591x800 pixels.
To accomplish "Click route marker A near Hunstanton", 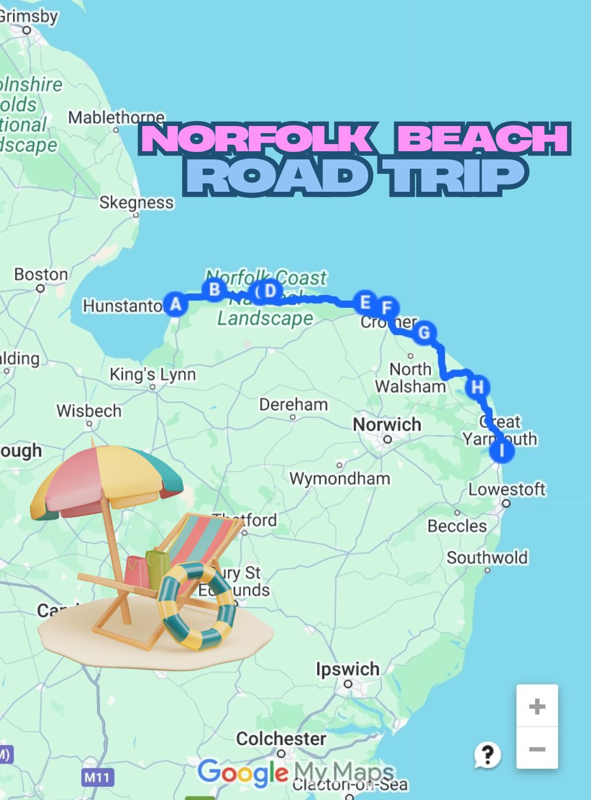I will tap(175, 304).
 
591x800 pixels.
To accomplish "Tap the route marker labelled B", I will tap(215, 289).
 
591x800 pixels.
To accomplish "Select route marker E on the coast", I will tap(364, 302).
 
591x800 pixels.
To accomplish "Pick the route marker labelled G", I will tap(424, 333).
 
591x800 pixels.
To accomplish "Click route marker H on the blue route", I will tap(478, 387).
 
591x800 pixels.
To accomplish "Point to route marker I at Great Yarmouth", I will tap(502, 451).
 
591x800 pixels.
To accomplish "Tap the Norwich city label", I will tap(387, 425).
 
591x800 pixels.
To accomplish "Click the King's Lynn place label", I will tap(152, 374).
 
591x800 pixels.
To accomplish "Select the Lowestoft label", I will tap(507, 489).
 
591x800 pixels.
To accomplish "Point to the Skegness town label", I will tap(136, 203).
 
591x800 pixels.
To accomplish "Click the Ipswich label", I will tap(347, 669).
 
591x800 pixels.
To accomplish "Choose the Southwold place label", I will tap(487, 558).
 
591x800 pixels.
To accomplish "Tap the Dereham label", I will tap(294, 405).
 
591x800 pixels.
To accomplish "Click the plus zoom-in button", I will tap(537, 706).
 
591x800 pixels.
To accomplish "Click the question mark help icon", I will tap(487, 755).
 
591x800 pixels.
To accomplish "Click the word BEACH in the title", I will tap(483, 139).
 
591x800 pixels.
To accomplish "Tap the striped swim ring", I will tap(197, 605).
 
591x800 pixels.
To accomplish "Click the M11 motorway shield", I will tap(97, 777).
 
